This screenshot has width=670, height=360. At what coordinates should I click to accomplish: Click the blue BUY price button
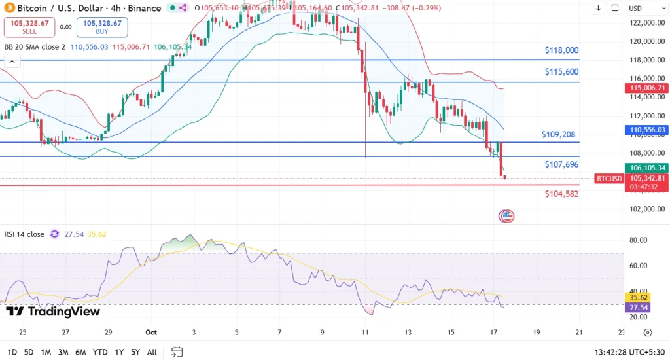point(102,27)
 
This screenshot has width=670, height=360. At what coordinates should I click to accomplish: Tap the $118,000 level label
point(561,50)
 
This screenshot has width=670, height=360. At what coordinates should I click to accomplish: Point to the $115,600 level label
point(561,72)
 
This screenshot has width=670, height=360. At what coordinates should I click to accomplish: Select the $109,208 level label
point(558,135)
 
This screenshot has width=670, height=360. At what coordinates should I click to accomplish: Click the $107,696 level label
point(561,165)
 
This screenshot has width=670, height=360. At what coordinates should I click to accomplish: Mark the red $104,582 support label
point(561,194)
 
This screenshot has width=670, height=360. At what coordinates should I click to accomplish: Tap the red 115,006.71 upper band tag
point(648,88)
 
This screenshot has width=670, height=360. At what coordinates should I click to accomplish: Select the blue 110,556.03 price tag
point(648,130)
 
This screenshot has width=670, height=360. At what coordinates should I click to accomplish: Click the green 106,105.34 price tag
point(648,168)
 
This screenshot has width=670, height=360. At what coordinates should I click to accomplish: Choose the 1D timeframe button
point(12,352)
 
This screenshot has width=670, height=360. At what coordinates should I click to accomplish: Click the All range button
point(152,352)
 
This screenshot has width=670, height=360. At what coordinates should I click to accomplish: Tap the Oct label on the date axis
point(152,333)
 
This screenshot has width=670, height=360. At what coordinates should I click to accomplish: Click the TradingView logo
point(54,312)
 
